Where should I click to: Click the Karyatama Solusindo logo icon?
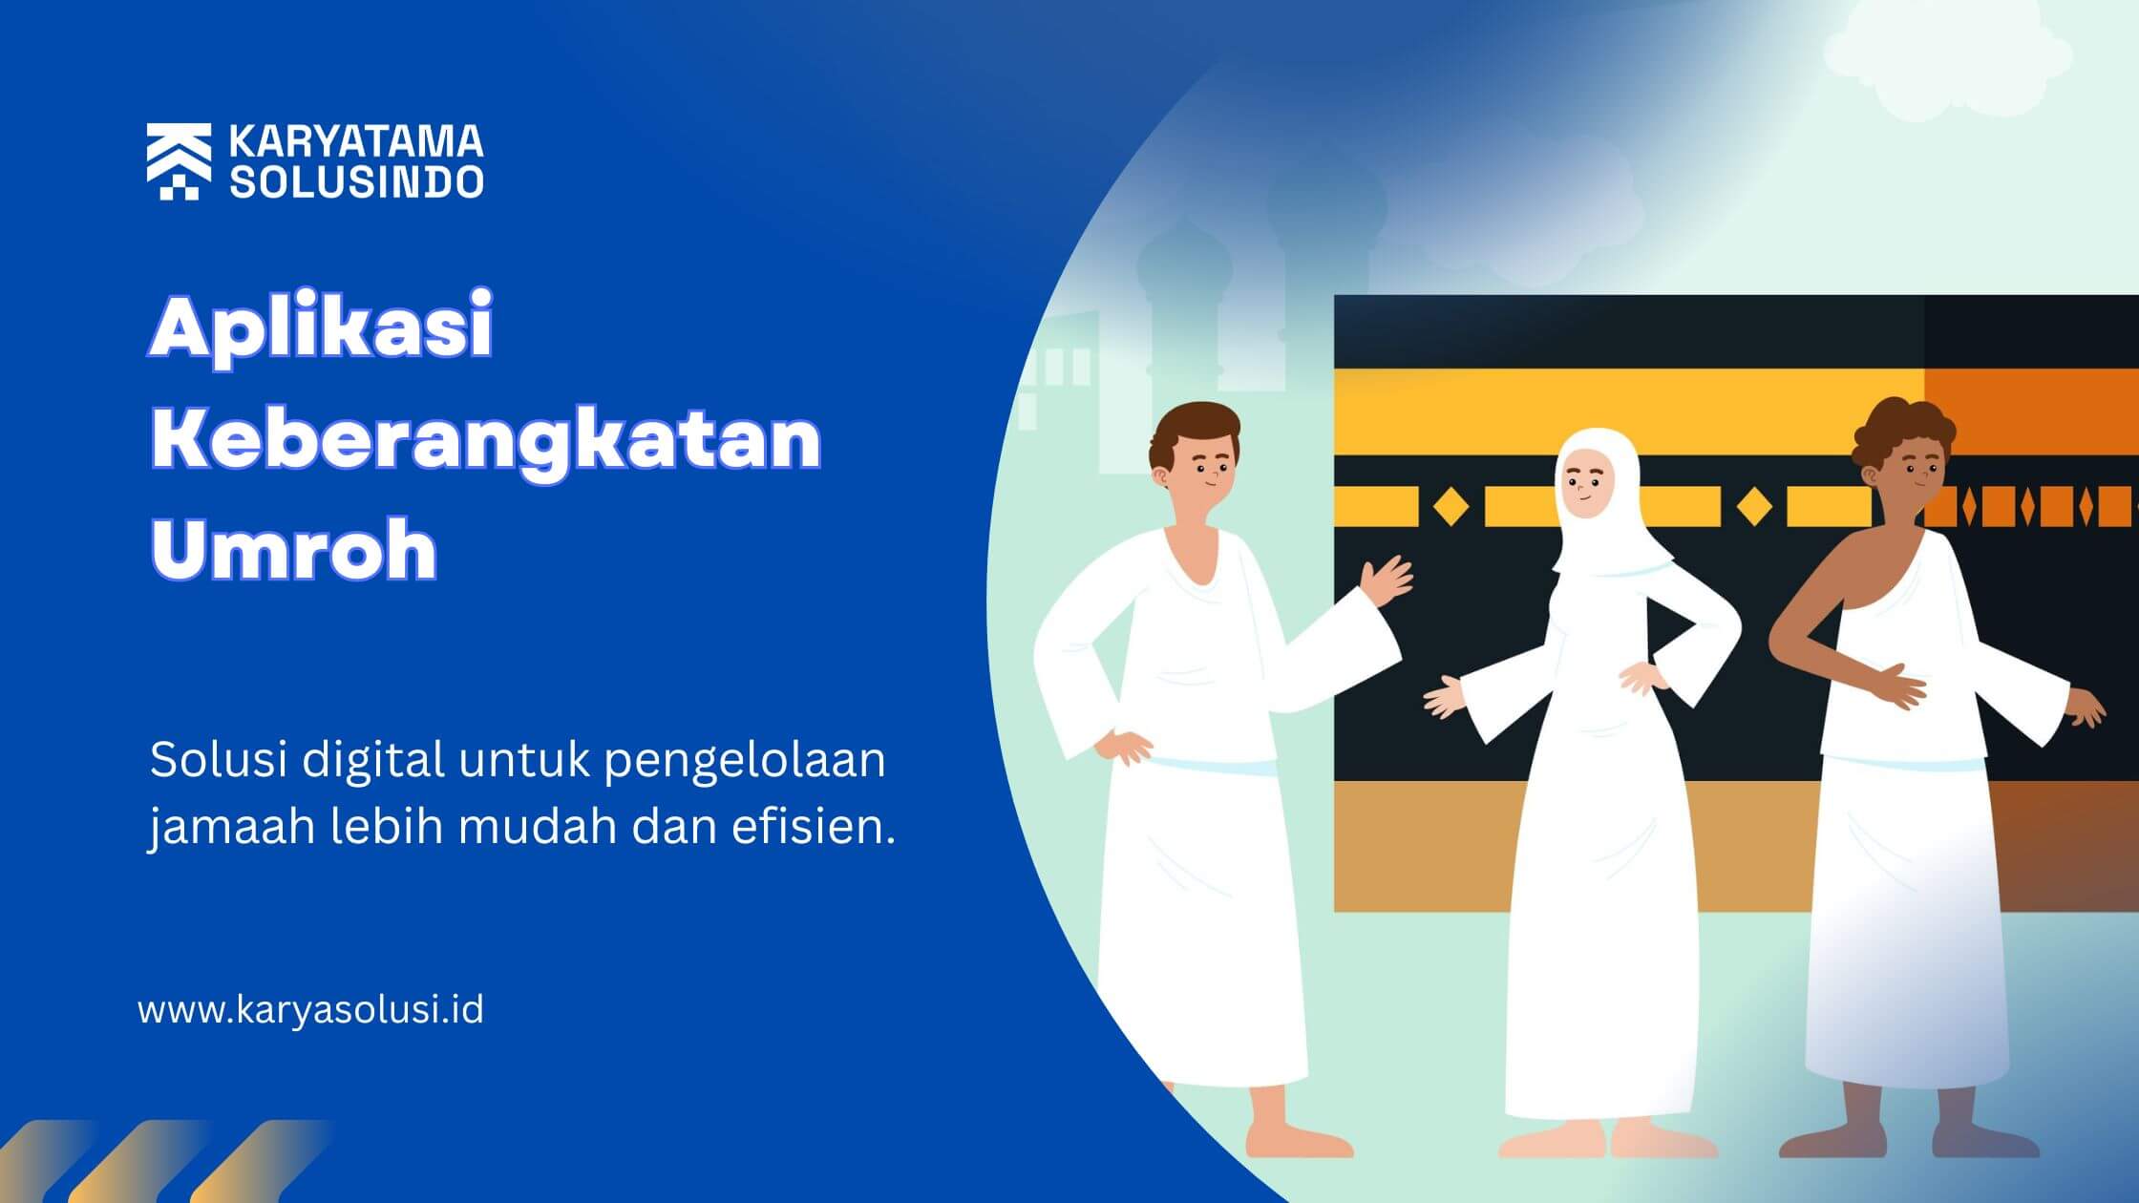pos(179,161)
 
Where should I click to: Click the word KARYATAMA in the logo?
pos(356,142)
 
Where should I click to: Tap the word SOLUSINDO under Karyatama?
pos(356,181)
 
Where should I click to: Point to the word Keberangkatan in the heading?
pos(486,439)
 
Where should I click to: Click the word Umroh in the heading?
pos(294,549)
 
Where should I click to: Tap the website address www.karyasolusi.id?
pos(311,1010)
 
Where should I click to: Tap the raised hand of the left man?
pos(1387,580)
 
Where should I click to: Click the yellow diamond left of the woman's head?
pos(1451,506)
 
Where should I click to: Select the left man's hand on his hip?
pos(1125,746)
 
